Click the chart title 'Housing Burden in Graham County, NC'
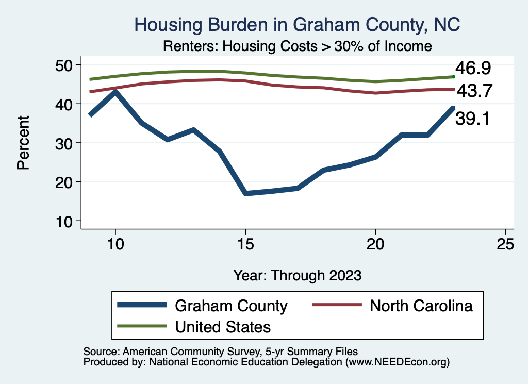pyautogui.click(x=297, y=24)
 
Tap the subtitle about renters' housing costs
pyautogui.click(x=297, y=46)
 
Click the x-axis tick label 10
pyautogui.click(x=116, y=244)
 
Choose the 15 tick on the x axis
pyautogui.click(x=245, y=244)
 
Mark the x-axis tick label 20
pyautogui.click(x=375, y=244)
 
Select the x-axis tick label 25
pyautogui.click(x=505, y=244)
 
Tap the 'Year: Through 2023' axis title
pyautogui.click(x=297, y=275)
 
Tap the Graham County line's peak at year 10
pyautogui.click(x=115, y=92)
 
